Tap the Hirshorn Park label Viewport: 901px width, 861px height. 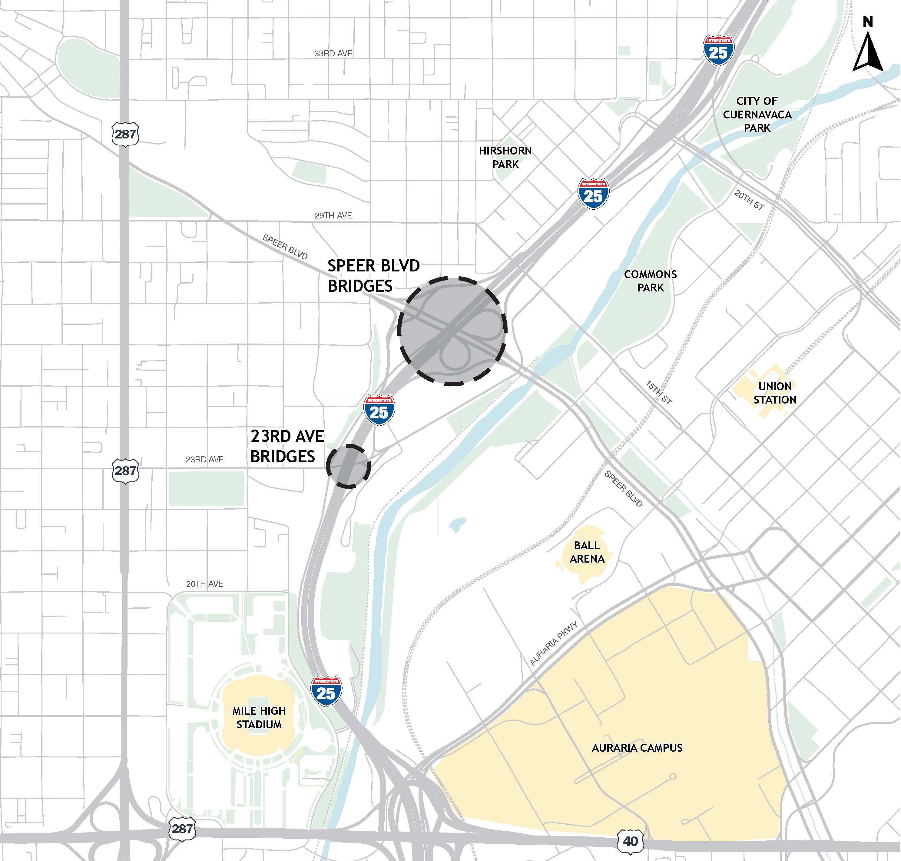pos(505,158)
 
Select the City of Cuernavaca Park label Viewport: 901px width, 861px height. pos(757,114)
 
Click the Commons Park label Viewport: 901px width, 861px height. pos(650,281)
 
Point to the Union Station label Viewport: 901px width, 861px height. pos(775,393)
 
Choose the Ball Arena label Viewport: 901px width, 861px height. pos(587,552)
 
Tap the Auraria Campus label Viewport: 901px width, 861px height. pos(637,748)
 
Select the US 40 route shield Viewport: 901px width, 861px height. pos(630,841)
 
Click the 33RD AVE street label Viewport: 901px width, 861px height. pos(333,54)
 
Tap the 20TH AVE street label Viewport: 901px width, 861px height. pos(205,584)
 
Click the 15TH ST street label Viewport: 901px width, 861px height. pos(658,392)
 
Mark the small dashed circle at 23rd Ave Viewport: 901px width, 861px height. pos(348,466)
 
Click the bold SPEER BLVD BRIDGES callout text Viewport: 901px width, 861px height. pos(373,276)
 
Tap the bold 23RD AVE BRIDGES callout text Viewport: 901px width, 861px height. pos(287,446)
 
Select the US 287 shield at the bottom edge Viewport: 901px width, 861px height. pos(182,828)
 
